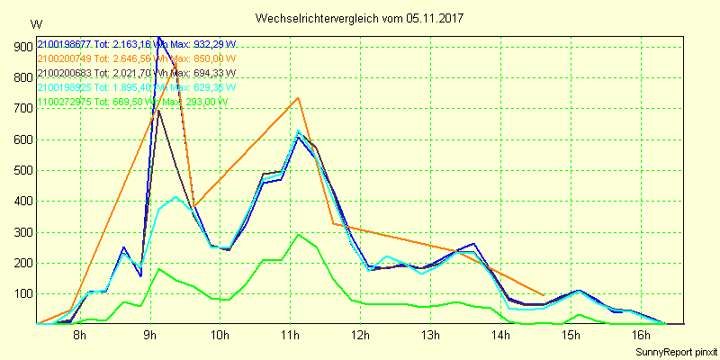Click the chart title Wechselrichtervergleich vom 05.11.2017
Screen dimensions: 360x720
point(361,18)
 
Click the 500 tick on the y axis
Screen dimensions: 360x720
point(19,170)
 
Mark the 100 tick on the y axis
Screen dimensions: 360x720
point(19,294)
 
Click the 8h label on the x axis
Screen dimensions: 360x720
point(79,336)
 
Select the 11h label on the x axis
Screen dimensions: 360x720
point(289,336)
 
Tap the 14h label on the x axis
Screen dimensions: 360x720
point(499,336)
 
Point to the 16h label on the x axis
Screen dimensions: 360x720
point(640,336)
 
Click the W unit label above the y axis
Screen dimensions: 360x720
point(35,23)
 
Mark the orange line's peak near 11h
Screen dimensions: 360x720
point(298,97)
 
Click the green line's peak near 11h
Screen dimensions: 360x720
point(298,234)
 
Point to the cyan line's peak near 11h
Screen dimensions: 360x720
point(298,130)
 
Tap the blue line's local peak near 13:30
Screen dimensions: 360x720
point(473,243)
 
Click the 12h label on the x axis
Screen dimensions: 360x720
point(359,336)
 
